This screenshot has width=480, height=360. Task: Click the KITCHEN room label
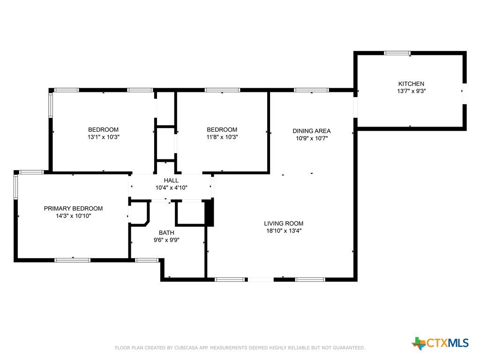coord(411,83)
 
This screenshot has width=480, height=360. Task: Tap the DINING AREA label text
coord(312,131)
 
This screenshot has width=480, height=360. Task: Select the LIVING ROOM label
coord(284,224)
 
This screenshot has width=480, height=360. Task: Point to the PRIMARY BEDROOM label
coord(73,209)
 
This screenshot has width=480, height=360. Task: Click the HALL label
coord(171,180)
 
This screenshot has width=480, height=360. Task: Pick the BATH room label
coord(166,232)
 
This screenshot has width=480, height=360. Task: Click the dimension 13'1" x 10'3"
coord(104,137)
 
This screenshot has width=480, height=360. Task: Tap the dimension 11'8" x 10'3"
coord(222,137)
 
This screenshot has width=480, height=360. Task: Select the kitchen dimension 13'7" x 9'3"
coord(412,91)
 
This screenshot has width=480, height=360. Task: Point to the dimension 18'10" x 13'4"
coord(284,231)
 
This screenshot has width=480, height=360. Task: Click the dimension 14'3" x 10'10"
coord(74,216)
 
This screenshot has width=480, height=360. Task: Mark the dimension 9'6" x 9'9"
coord(166,240)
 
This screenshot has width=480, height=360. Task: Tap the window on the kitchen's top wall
coord(397,53)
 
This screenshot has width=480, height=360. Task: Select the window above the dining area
coord(311,90)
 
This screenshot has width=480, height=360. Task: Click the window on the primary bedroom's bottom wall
coord(73,260)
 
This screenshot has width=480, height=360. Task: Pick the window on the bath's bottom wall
coord(147,260)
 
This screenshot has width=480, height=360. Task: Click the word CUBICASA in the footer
coord(187,348)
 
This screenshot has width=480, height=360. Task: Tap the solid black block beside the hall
coord(209,212)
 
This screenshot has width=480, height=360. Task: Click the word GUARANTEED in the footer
coord(349,348)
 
